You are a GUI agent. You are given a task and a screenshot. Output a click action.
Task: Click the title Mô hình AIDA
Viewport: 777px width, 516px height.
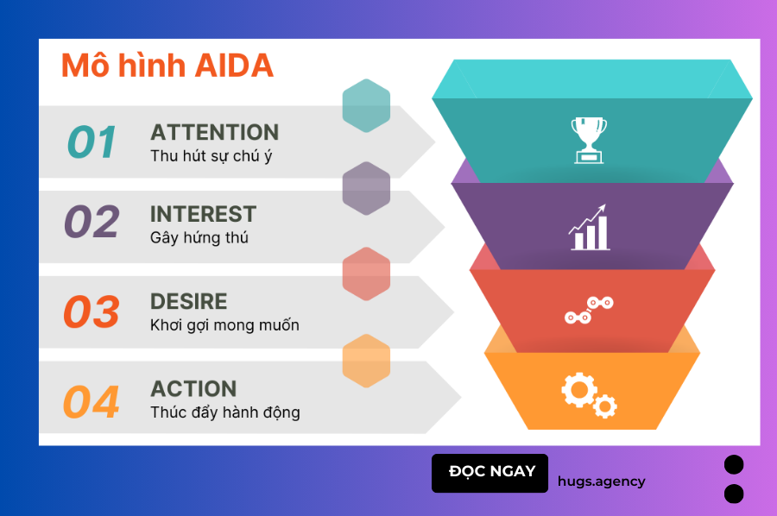[x=167, y=66]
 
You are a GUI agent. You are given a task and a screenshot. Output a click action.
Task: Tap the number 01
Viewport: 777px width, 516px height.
[x=92, y=142]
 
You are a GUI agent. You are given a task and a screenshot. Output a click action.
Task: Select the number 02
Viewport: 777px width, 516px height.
[x=92, y=222]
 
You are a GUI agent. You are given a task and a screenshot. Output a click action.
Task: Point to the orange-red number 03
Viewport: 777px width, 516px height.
[x=92, y=311]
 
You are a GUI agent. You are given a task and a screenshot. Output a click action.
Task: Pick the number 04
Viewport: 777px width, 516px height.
[x=92, y=401]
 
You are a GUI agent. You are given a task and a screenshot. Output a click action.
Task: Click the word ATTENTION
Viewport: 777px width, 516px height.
[x=215, y=132]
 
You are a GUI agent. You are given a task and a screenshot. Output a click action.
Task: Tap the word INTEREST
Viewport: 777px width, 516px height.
[x=203, y=214]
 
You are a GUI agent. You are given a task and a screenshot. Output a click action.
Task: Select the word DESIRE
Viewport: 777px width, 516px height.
[x=189, y=302]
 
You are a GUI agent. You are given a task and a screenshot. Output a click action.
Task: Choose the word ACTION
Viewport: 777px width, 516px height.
[x=193, y=389]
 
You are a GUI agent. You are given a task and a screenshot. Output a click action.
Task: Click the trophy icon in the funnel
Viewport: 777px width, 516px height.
[x=589, y=140]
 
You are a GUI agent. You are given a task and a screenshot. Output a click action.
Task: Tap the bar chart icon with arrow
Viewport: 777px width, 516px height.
[x=589, y=227]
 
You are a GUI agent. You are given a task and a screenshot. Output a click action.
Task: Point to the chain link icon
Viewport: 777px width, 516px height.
[x=589, y=310]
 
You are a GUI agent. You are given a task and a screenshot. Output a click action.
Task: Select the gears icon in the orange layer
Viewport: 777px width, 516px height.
[x=589, y=395]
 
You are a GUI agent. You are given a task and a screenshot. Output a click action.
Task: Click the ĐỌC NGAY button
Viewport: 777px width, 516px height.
[x=490, y=473]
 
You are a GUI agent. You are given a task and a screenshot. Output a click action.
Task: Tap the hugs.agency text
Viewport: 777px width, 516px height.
[x=601, y=481]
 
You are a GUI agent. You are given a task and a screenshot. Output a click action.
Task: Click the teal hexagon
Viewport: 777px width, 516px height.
[x=366, y=105]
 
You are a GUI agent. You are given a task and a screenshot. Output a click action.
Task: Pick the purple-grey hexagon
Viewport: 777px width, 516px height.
[x=366, y=188]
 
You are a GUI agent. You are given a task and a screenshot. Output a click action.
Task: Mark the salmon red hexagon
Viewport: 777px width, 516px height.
[x=366, y=274]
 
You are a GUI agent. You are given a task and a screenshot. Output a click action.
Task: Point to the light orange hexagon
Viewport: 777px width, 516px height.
[x=366, y=361]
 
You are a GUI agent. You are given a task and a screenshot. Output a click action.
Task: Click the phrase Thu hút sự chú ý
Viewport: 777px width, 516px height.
[x=212, y=156]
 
